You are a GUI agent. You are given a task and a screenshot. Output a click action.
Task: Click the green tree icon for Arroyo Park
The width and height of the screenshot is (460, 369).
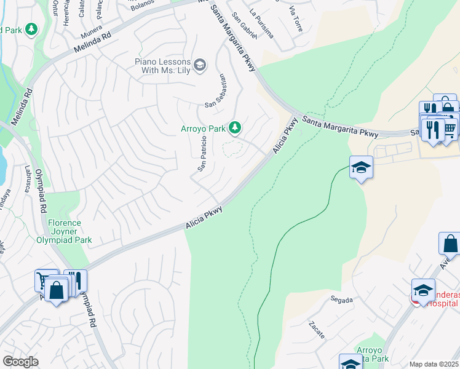coord(234,128)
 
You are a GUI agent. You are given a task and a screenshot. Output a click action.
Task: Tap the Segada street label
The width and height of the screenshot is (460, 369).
coord(341,300)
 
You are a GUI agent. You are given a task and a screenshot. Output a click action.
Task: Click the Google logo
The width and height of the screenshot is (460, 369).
coord(20,362)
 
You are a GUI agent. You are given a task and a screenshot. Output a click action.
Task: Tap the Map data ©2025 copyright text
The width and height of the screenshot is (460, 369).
coord(434,364)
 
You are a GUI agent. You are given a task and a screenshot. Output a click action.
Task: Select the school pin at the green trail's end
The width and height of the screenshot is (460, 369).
coord(361,167)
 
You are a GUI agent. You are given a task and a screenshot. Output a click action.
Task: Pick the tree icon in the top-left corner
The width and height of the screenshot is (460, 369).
coord(30,29)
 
